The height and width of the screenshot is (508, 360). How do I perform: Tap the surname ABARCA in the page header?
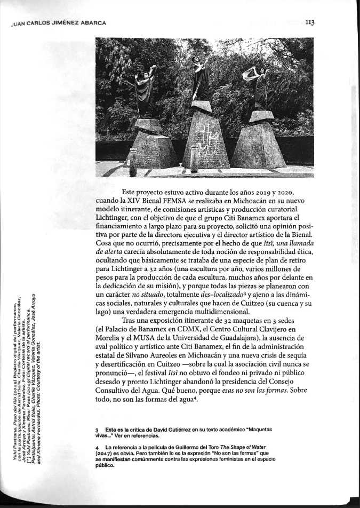91,23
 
